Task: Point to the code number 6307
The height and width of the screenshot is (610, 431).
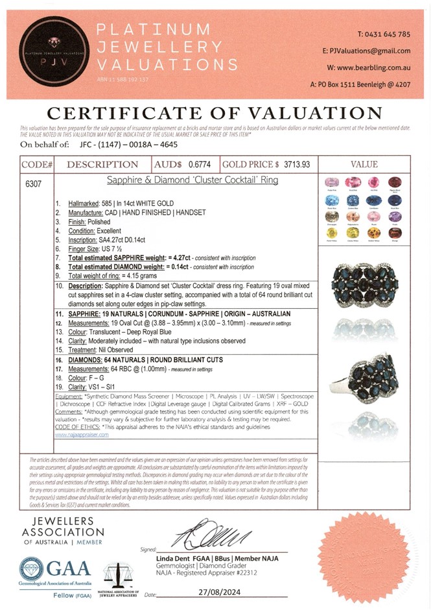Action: (x=33, y=184)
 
